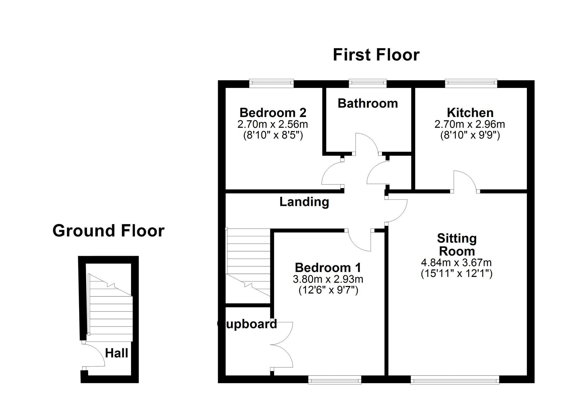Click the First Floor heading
click(x=376, y=55)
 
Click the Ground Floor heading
click(x=108, y=230)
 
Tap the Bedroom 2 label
click(x=273, y=113)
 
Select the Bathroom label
click(x=368, y=103)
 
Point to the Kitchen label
click(x=470, y=113)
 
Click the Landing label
click(x=304, y=202)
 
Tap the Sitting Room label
click(x=457, y=244)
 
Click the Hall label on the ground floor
click(x=117, y=353)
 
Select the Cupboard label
click(x=247, y=324)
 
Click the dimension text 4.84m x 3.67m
click(x=456, y=263)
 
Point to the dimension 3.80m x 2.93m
click(x=328, y=279)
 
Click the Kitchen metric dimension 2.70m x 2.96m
click(x=470, y=124)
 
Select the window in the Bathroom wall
click(x=368, y=82)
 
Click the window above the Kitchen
click(x=471, y=82)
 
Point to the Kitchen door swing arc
click(x=469, y=176)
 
